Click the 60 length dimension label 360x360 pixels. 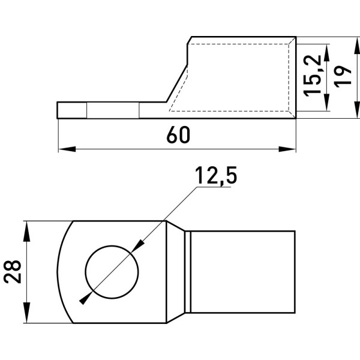click(x=178, y=135)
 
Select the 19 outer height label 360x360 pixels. click(x=343, y=77)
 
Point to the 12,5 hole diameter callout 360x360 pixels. click(x=216, y=176)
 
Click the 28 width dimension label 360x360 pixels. click(x=12, y=272)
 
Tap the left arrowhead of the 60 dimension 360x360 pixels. click(x=67, y=149)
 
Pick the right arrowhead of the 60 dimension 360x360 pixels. click(x=287, y=149)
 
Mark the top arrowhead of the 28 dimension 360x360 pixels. click(x=27, y=231)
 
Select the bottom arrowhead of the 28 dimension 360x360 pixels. click(x=27, y=313)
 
